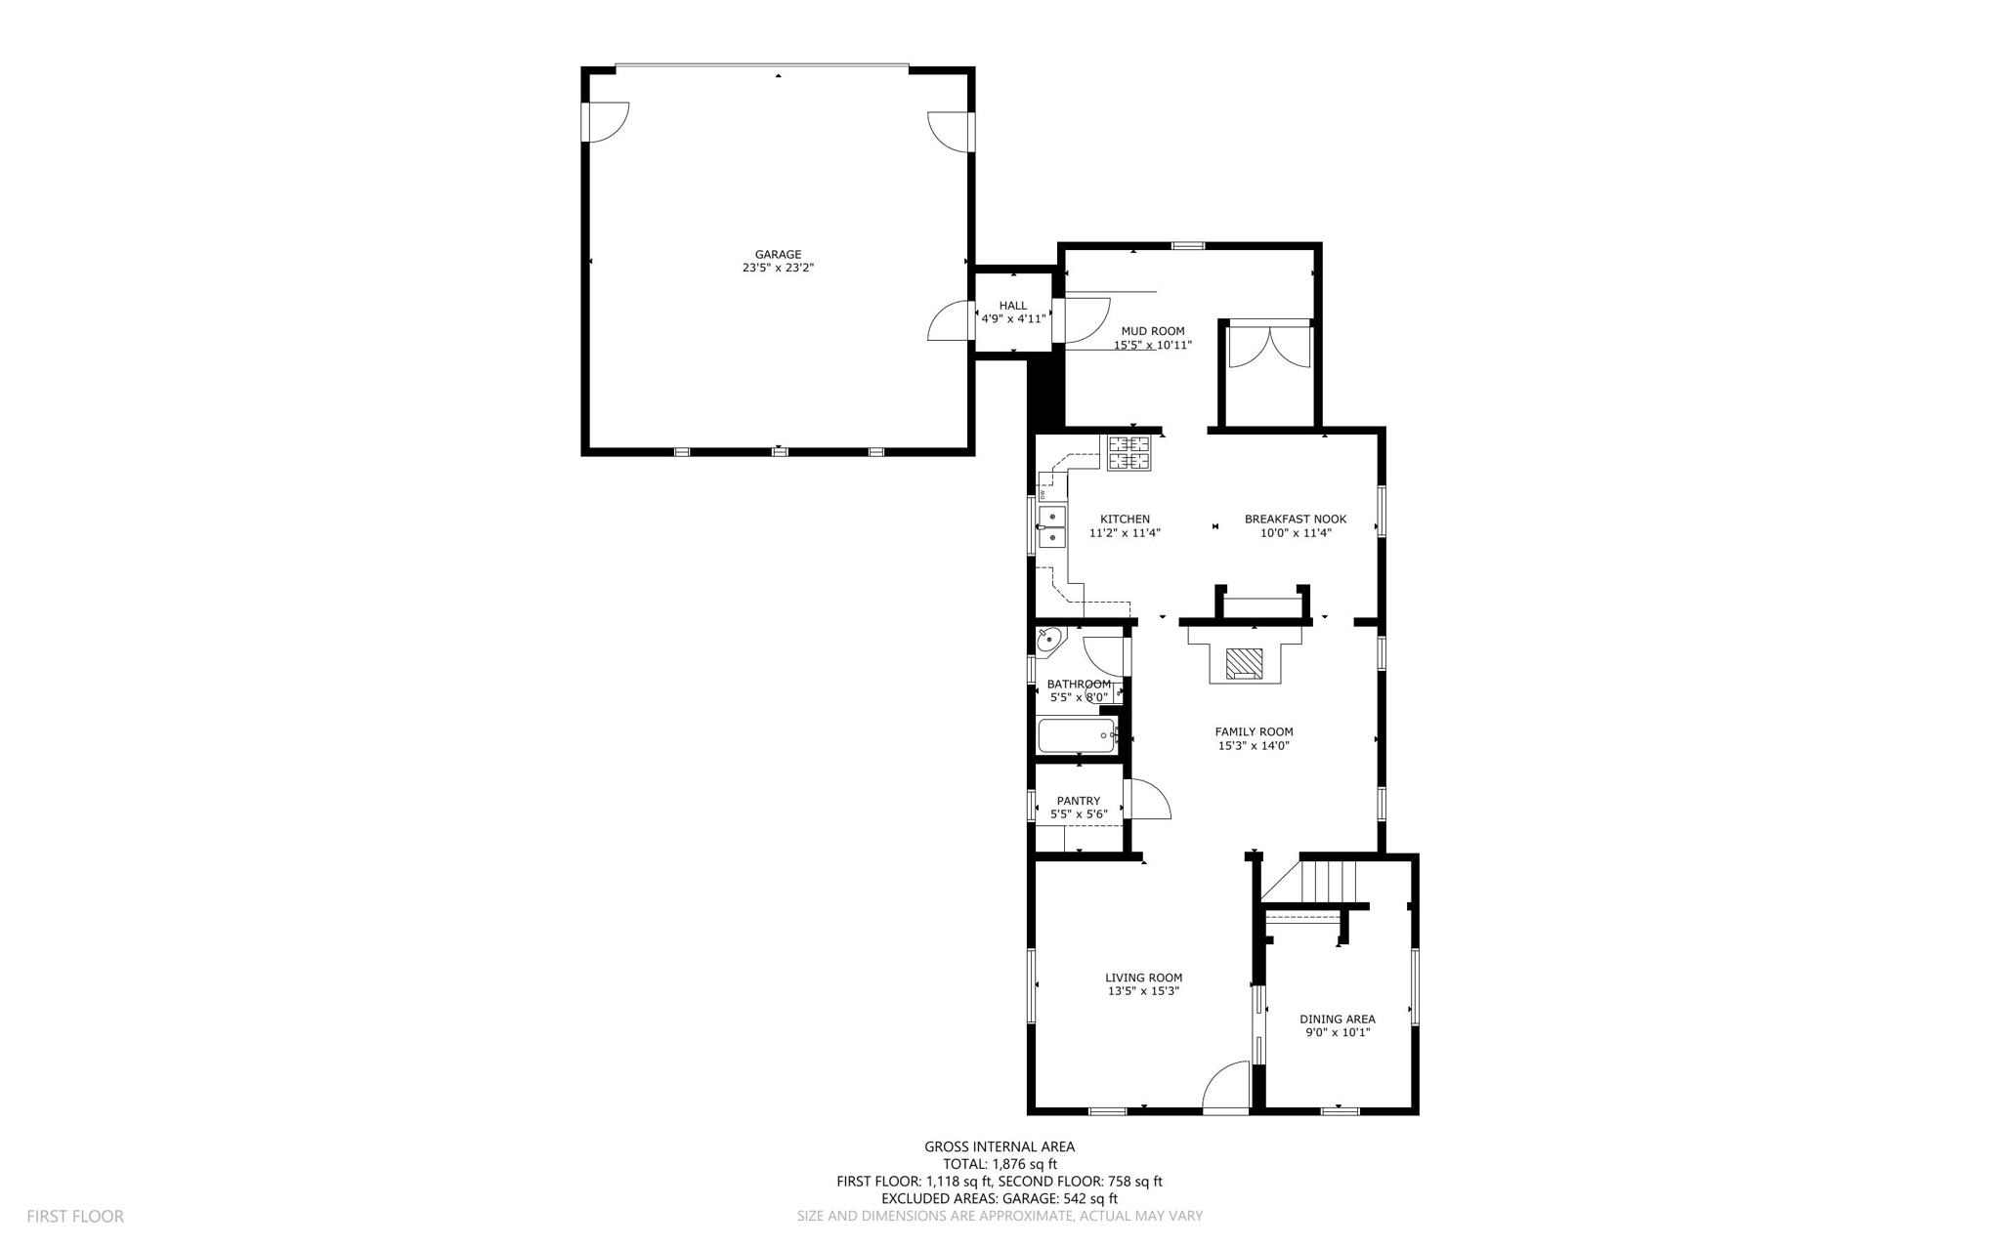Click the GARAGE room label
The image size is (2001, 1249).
[x=778, y=255]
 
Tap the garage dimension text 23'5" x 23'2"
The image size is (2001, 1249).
[x=778, y=268]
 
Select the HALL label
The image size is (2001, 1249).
[x=1013, y=306]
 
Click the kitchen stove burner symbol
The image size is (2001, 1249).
[x=1128, y=453]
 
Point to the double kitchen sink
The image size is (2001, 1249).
[x=1052, y=526]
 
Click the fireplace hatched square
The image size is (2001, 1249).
[x=1244, y=663]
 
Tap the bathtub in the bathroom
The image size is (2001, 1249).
[x=1077, y=735]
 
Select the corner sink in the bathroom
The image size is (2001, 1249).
[x=1049, y=641]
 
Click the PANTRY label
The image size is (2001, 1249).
[x=1078, y=801]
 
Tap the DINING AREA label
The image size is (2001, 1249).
[x=1338, y=1019]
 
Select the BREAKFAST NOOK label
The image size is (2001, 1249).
[x=1296, y=519]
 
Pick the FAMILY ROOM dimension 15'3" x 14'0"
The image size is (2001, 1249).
[x=1254, y=746]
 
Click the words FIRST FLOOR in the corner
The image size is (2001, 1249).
[x=75, y=1217]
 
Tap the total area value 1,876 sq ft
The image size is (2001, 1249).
[x=1025, y=1164]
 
